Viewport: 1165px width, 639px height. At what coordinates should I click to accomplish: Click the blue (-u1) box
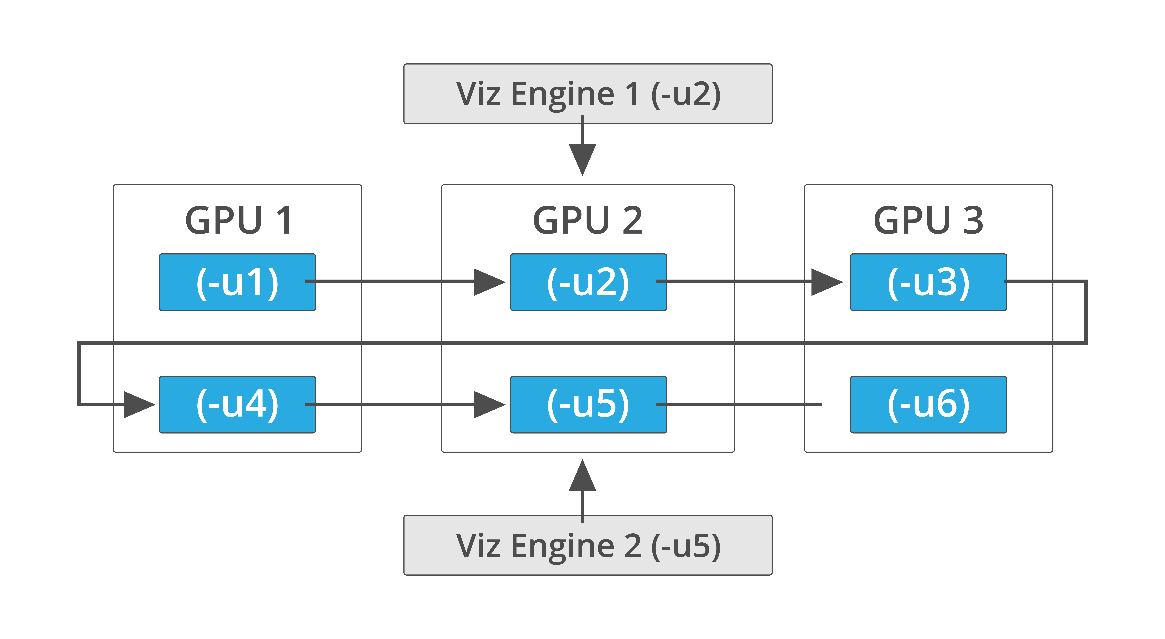click(x=237, y=282)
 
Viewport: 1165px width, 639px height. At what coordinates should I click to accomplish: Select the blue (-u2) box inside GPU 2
click(x=588, y=282)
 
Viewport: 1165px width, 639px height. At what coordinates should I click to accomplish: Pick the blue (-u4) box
click(x=237, y=404)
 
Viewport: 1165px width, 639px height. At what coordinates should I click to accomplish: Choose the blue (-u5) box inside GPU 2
click(x=588, y=404)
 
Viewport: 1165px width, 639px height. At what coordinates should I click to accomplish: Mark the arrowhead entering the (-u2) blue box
click(x=488, y=282)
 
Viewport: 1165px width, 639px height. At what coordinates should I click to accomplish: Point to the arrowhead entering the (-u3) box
click(x=826, y=282)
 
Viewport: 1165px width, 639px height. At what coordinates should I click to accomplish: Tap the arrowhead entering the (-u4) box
click(x=138, y=404)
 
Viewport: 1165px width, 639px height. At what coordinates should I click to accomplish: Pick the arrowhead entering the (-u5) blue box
click(x=488, y=404)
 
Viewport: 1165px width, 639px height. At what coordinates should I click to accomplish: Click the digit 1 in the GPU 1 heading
click(x=284, y=221)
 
